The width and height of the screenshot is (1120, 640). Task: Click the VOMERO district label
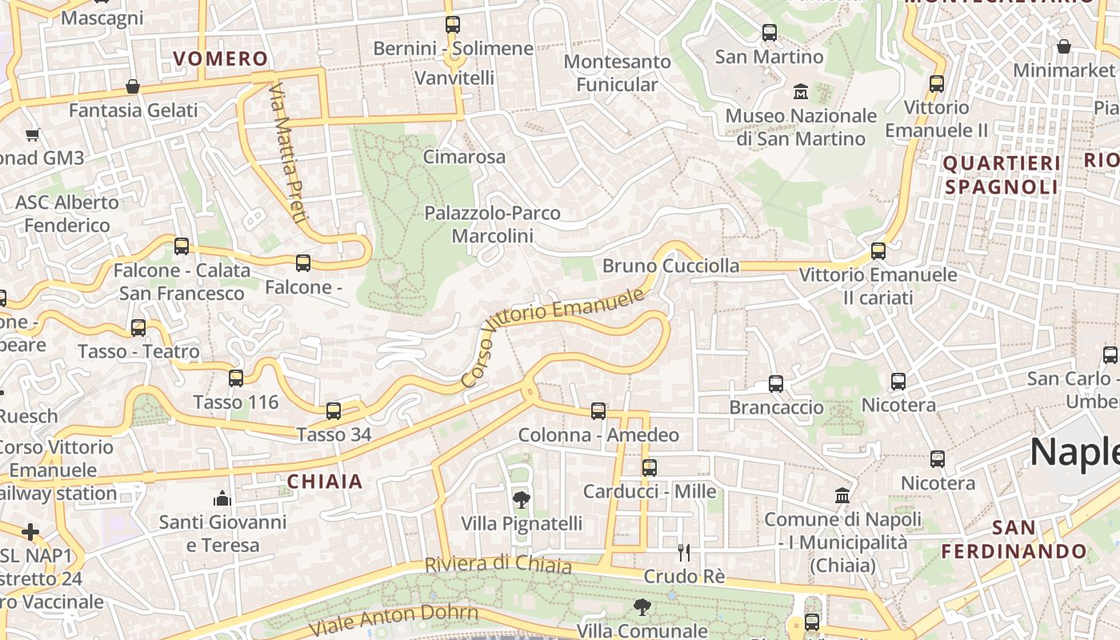(221, 58)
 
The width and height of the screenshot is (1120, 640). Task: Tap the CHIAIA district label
(325, 482)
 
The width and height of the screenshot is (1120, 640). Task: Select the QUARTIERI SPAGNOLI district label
(1002, 175)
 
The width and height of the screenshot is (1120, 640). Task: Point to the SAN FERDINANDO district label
(1014, 540)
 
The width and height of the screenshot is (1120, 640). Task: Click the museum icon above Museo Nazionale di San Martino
(800, 92)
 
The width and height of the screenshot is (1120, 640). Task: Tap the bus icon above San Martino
(769, 33)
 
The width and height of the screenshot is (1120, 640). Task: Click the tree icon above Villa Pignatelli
(521, 500)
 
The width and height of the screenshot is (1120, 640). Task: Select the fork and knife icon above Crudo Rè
(684, 552)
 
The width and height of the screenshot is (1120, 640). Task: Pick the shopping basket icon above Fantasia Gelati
(133, 86)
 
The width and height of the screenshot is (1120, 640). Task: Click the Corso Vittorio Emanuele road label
(553, 338)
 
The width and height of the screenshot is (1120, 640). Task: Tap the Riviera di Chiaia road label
(498, 565)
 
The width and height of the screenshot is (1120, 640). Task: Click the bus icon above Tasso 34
(334, 411)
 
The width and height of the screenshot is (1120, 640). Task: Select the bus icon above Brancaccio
(775, 383)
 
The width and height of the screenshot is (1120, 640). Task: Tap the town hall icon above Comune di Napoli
(842, 496)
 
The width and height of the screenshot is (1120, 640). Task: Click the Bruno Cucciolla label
(670, 266)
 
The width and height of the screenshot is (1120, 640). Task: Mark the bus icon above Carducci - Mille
(650, 467)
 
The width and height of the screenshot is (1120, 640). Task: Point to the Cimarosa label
(464, 157)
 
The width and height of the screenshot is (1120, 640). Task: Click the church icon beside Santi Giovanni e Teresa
(222, 499)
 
